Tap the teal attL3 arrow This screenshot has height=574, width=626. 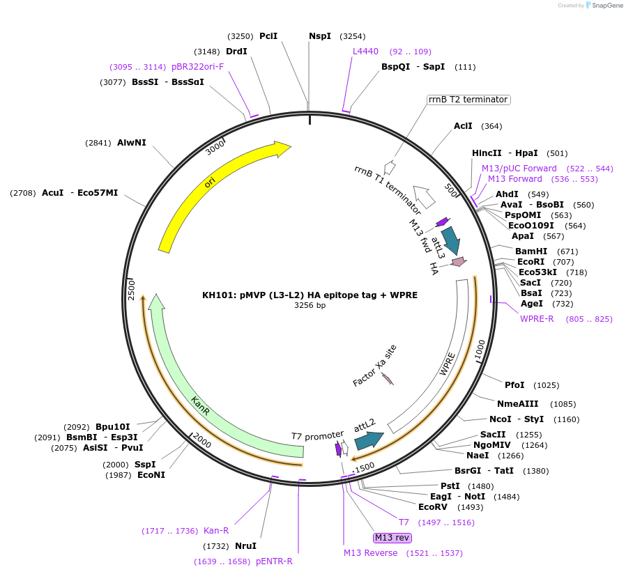pos(451,240)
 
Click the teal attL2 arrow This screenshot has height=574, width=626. pos(368,440)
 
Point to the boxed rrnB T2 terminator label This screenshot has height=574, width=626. pos(468,100)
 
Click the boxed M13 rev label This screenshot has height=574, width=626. pos(392,538)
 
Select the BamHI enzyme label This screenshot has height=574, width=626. pos(531,251)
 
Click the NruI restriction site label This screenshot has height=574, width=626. pos(245,546)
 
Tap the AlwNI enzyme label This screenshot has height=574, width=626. pos(132,143)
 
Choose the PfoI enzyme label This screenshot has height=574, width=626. pos(514,385)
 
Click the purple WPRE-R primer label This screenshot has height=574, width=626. pos(537,319)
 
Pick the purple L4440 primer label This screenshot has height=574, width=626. pos(365,52)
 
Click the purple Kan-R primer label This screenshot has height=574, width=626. pos(216,531)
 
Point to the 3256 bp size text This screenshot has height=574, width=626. pos(310,306)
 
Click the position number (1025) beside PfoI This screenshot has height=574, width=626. pos(546,385)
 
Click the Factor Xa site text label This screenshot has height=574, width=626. pos(374,365)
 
